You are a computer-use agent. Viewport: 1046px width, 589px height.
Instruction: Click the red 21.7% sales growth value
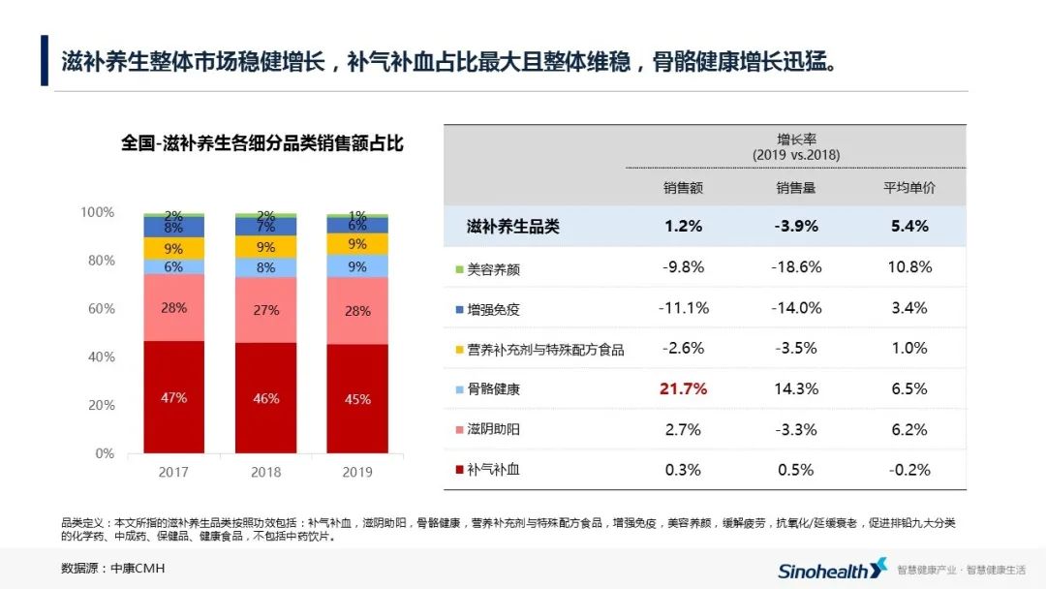(684, 389)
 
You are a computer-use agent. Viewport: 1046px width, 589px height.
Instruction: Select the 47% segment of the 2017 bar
(174, 397)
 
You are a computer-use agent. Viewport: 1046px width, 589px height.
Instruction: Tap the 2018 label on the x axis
(266, 473)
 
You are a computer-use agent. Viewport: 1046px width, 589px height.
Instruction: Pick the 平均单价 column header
(908, 188)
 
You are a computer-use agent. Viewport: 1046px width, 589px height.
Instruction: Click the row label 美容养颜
(494, 268)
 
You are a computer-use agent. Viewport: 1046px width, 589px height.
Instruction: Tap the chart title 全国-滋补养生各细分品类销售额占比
(262, 143)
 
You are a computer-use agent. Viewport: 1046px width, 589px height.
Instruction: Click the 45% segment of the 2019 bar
(357, 398)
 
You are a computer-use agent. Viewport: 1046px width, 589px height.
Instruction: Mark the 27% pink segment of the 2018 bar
(266, 310)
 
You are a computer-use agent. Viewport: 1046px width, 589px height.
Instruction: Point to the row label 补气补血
(494, 470)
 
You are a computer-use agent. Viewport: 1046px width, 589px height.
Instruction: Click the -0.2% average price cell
(908, 470)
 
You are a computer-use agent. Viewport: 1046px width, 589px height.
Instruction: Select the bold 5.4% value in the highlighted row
(908, 227)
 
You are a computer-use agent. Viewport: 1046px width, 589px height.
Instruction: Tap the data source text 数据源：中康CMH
(107, 569)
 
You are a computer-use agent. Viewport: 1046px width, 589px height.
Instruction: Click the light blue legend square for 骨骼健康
(458, 389)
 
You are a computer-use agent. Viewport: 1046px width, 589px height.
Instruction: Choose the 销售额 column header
(684, 188)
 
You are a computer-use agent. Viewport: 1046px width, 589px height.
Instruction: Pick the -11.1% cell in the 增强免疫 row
(684, 308)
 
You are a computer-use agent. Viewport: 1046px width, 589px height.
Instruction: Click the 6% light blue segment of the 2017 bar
(174, 267)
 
